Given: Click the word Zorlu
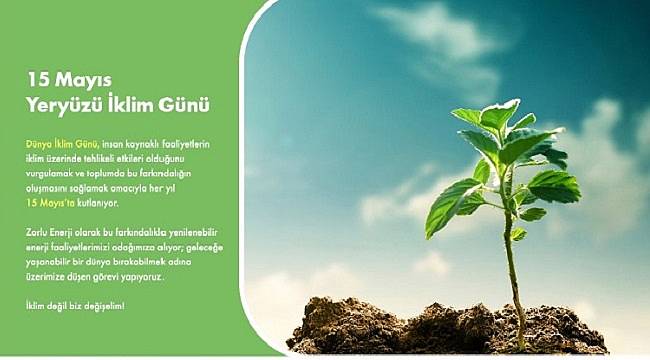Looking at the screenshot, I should click(38, 233).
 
